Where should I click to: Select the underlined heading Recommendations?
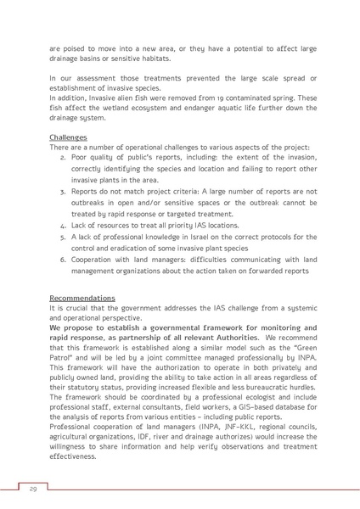coord(82,299)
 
